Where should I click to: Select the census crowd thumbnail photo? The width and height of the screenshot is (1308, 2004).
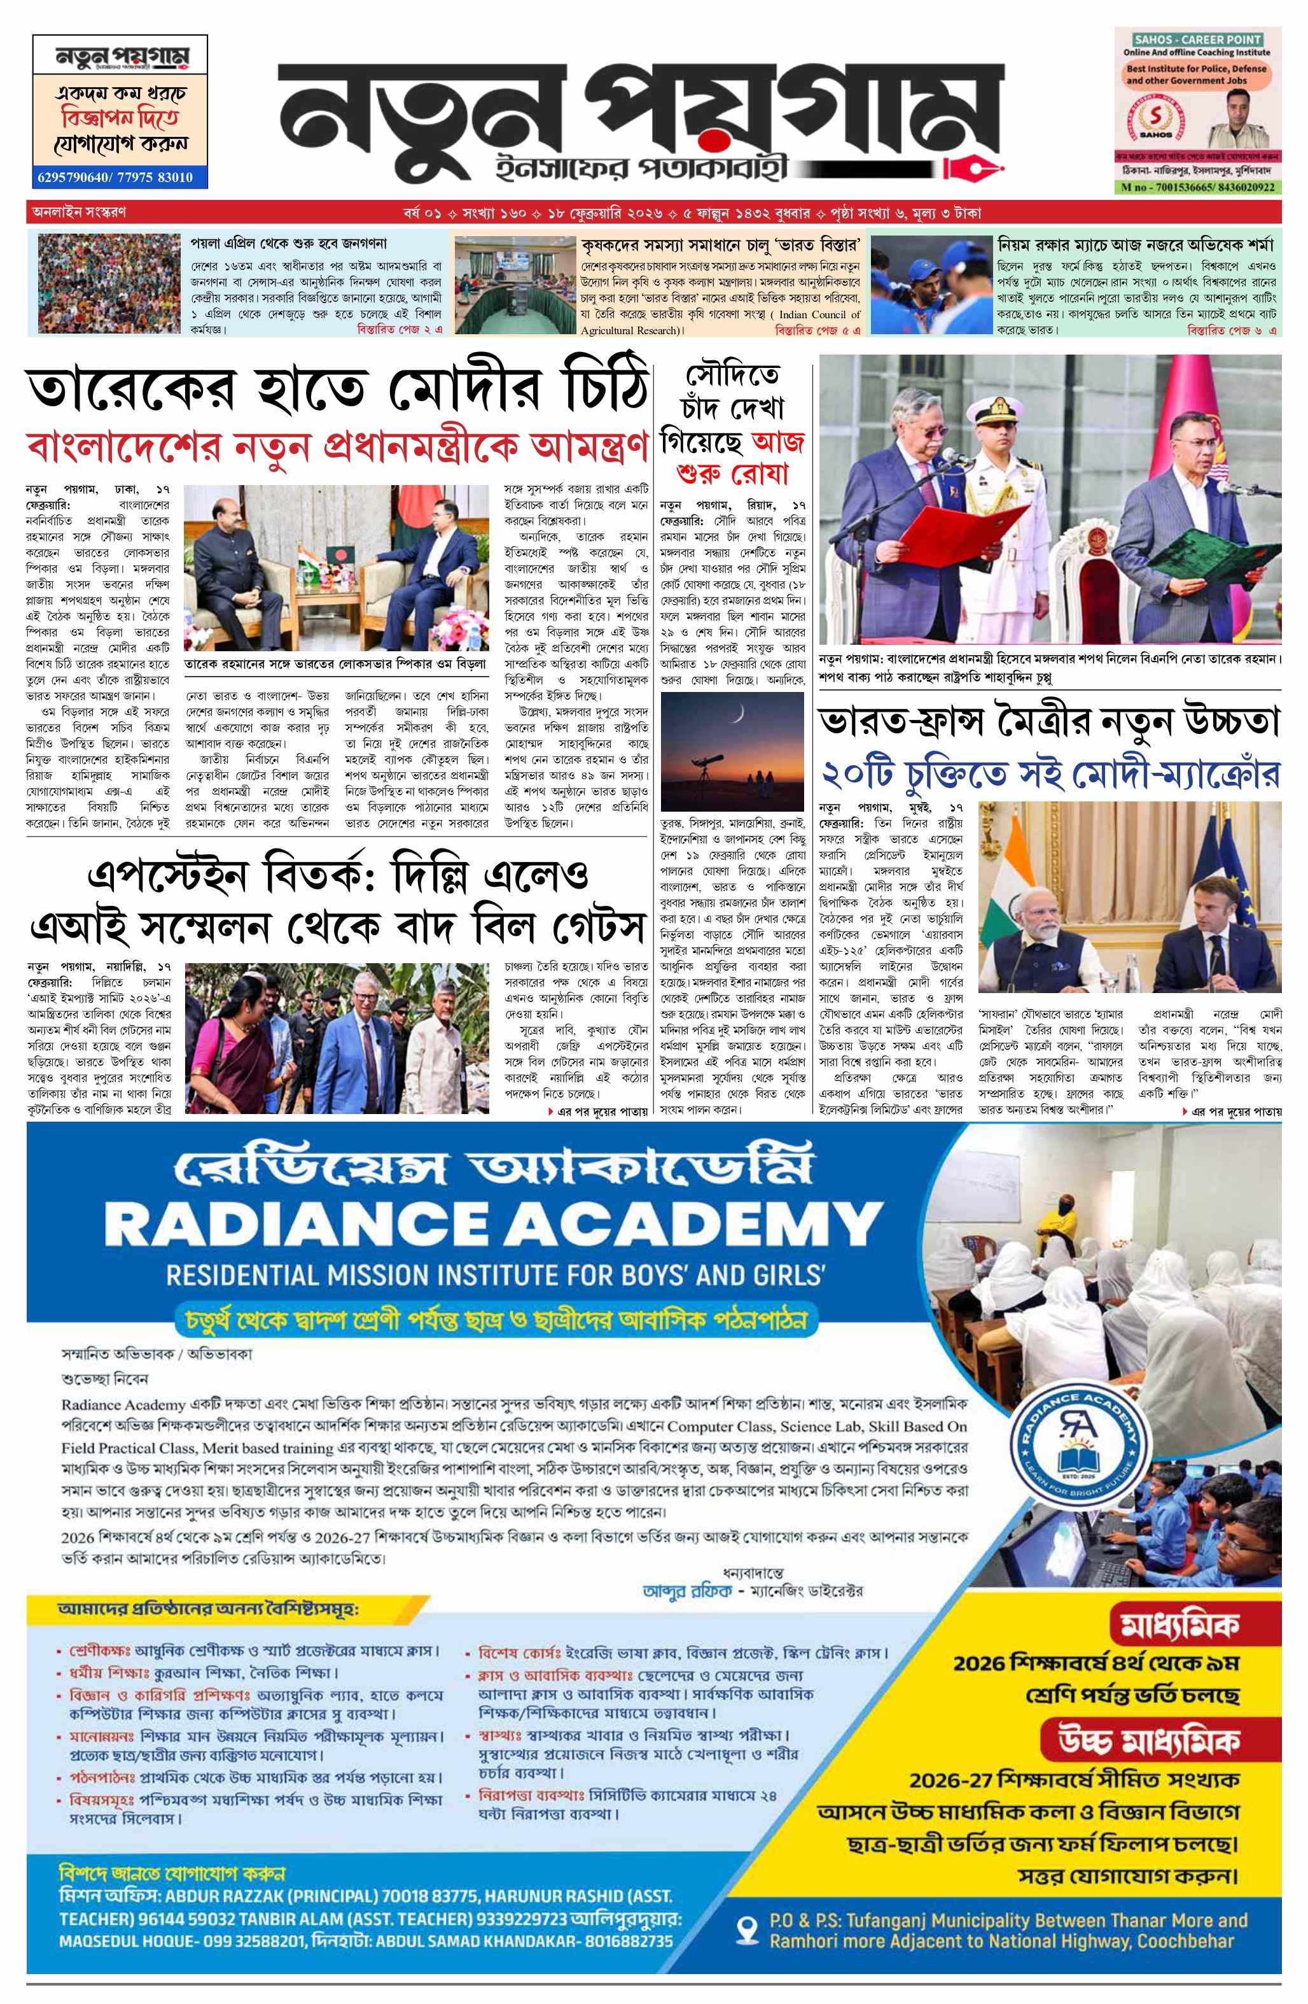[x=109, y=284]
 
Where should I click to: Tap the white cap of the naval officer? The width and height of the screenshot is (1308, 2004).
[x=995, y=413]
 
